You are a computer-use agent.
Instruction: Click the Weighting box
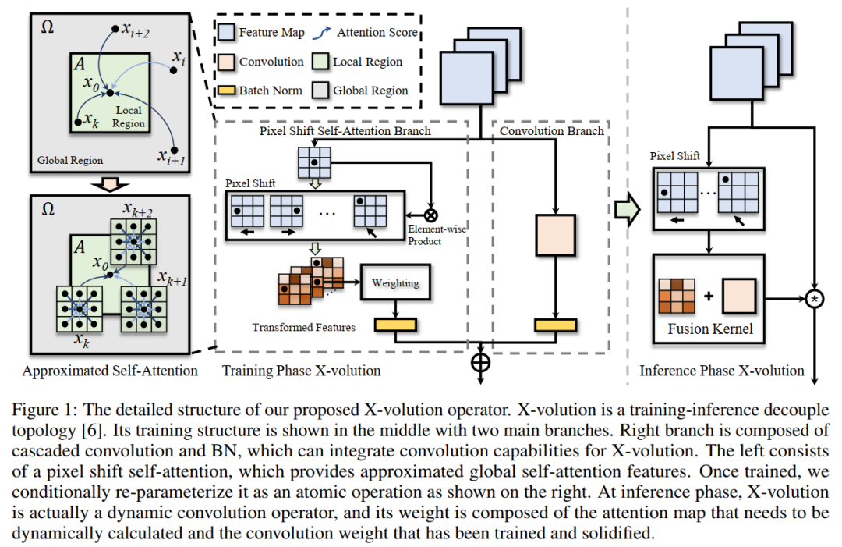click(x=396, y=283)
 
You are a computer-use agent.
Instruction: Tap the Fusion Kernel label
click(x=710, y=329)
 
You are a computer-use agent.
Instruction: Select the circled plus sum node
click(x=480, y=363)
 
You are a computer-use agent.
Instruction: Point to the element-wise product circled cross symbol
click(x=430, y=214)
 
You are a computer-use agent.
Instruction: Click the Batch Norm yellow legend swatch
click(x=228, y=91)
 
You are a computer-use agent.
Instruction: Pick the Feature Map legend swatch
click(x=228, y=33)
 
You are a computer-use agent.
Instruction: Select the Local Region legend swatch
click(x=320, y=62)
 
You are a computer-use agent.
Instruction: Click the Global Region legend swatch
click(x=320, y=91)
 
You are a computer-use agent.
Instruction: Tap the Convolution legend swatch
click(x=228, y=62)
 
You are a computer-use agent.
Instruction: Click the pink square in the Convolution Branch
click(x=554, y=234)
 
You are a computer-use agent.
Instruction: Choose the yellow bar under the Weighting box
click(x=396, y=324)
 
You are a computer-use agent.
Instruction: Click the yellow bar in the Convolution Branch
click(x=554, y=325)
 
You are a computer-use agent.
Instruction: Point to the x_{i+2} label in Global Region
click(x=136, y=29)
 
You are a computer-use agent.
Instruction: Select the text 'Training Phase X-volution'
click(x=302, y=371)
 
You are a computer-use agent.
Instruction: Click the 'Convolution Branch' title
click(x=552, y=131)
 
